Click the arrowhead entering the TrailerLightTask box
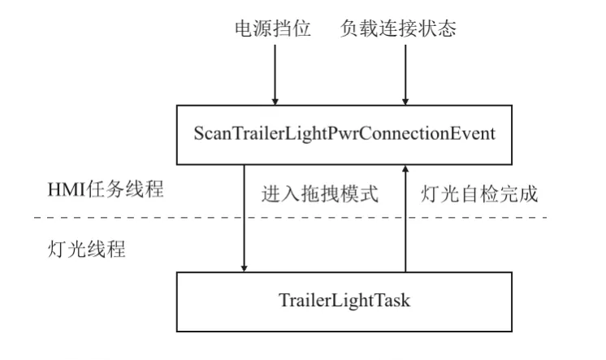[x=245, y=268]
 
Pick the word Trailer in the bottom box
[x=300, y=300]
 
